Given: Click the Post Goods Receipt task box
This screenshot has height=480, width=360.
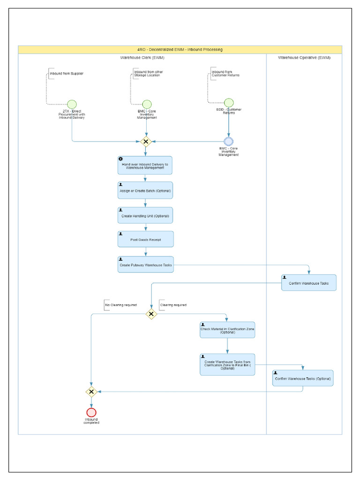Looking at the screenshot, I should (x=145, y=239).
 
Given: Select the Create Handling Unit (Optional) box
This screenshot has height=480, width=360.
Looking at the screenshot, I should (x=145, y=216).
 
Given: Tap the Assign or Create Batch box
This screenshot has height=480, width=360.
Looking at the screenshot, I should (x=145, y=190).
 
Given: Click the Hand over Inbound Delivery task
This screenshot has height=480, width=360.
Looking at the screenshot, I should (x=145, y=165).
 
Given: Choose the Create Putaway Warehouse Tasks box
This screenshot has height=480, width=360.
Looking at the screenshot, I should (x=145, y=265).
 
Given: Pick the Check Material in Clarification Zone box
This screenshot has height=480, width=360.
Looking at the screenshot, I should (x=227, y=330).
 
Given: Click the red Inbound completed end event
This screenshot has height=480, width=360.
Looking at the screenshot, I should (x=91, y=412).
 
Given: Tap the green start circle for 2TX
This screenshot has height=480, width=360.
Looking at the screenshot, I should (x=72, y=104).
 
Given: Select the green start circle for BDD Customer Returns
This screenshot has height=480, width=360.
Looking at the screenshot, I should (x=229, y=103).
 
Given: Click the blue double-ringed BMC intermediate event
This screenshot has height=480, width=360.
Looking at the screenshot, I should (x=229, y=141).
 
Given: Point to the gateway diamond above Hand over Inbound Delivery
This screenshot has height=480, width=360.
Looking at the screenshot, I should (x=146, y=141).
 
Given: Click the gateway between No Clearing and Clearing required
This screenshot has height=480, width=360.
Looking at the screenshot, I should (x=151, y=314).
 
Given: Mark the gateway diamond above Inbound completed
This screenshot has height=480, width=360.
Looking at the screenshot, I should (x=91, y=391).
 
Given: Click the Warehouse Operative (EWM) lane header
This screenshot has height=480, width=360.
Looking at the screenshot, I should (x=304, y=58).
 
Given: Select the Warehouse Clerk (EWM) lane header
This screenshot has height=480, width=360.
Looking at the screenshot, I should (x=142, y=58).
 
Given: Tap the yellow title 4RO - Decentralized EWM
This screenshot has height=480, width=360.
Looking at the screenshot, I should (x=180, y=50).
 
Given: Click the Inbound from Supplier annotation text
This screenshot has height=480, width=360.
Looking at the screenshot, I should (x=67, y=74).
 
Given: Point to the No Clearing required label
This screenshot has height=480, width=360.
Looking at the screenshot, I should (x=121, y=305).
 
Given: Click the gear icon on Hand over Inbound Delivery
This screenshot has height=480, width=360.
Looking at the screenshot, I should (x=120, y=159).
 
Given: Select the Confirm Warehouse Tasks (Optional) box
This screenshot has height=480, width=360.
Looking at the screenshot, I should (x=303, y=378).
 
